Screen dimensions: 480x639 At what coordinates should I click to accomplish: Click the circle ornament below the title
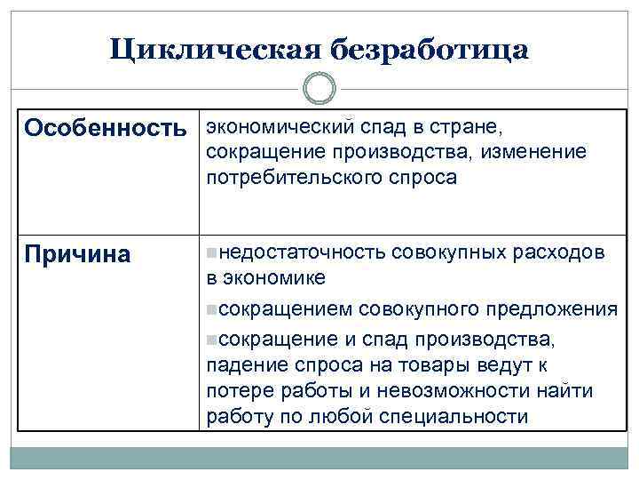click(319, 89)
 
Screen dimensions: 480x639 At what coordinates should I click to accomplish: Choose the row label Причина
click(77, 254)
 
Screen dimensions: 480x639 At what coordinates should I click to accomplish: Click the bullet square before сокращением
click(210, 309)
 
